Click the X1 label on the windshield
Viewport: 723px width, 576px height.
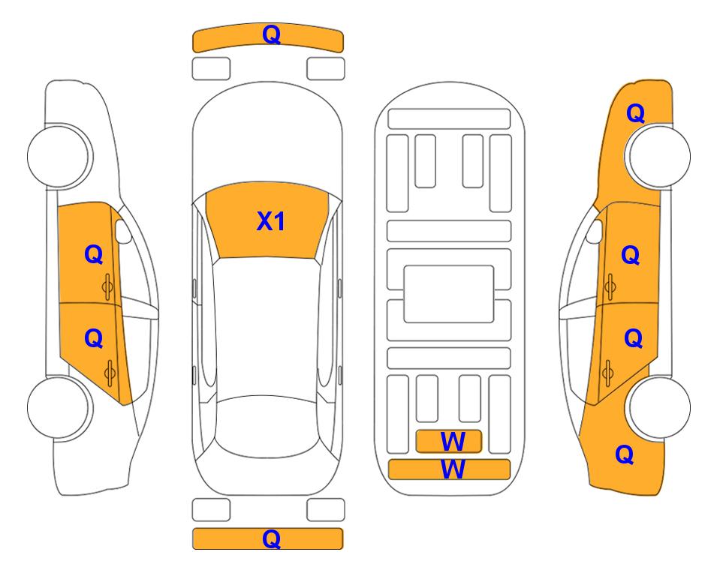[x=271, y=221]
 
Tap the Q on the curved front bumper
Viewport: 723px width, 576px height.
[x=271, y=34]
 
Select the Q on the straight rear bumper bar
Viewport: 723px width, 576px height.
[x=271, y=538]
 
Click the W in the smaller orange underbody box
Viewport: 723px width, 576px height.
[x=453, y=442]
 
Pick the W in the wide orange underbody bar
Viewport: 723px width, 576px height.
[x=453, y=469]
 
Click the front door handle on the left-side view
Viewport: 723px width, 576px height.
[x=108, y=286]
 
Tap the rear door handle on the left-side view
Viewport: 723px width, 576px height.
[x=110, y=373]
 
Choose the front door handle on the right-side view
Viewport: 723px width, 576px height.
[x=610, y=286]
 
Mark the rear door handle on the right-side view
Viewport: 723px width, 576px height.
[x=607, y=373]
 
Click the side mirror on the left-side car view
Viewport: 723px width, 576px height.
[x=123, y=232]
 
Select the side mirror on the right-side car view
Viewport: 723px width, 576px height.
[x=595, y=232]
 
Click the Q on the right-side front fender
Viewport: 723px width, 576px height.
[x=635, y=113]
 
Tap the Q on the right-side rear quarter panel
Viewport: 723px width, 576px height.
[x=625, y=454]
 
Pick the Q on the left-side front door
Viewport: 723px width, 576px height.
[x=94, y=254]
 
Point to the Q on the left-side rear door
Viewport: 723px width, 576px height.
[x=94, y=339]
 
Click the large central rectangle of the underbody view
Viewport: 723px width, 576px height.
[x=449, y=294]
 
